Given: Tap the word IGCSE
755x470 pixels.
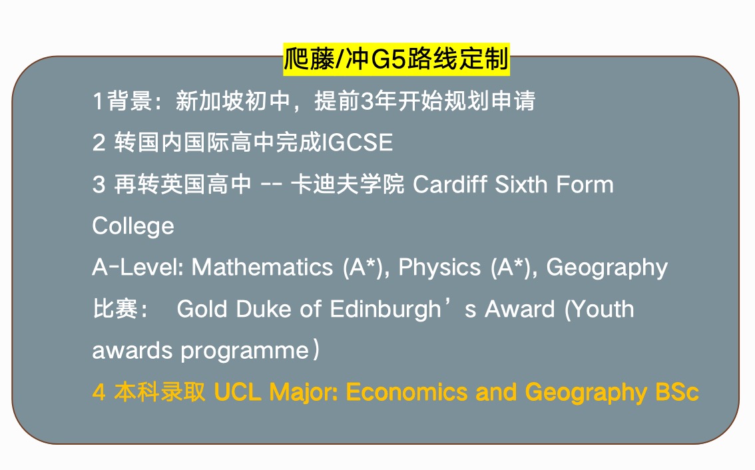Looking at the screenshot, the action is pos(357,142).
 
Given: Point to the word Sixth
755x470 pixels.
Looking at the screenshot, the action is pos(521,184).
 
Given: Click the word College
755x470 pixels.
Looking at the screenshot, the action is pos(133,226).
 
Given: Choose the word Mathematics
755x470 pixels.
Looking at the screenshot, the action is pos(262,267).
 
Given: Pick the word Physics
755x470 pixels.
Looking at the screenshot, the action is pos(439,268).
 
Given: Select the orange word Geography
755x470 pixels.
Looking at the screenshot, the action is pos(586,393).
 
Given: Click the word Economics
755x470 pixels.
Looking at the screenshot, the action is pos(407,392).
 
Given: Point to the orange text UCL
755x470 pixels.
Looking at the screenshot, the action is pos(238,392).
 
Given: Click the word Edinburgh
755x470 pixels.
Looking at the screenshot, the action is pos(385,310).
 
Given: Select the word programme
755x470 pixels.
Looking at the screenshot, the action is pos(244,352).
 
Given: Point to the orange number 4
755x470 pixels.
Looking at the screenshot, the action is pos(99,393).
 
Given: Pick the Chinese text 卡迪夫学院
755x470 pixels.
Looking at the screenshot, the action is pos(348,184).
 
